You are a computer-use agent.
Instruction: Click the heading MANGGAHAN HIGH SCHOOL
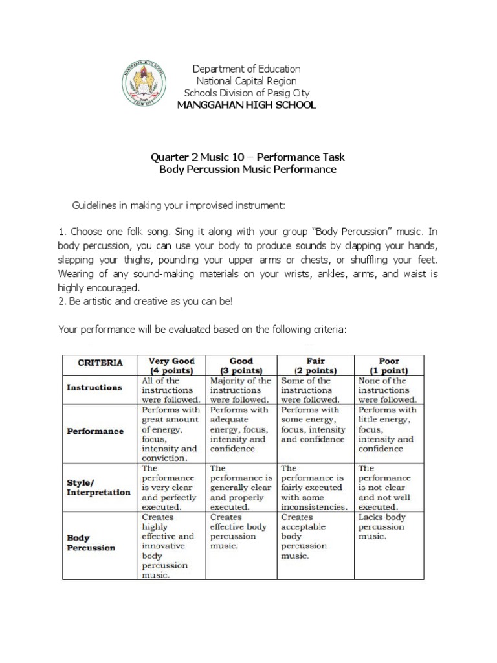tap(248, 105)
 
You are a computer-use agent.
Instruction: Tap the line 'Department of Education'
tap(248, 69)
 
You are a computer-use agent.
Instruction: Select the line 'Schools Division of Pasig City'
tap(248, 93)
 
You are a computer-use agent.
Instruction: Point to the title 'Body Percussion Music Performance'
tap(248, 170)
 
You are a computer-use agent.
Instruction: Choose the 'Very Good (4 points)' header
tap(172, 365)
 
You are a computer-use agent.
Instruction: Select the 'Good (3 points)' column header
tap(241, 365)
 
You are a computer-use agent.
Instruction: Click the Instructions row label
tap(94, 387)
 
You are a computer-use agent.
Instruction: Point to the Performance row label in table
tap(96, 431)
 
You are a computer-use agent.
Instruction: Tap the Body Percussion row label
tap(91, 543)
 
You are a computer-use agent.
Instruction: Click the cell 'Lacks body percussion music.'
tap(382, 527)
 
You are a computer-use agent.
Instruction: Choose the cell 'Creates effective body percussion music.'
tap(239, 532)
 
